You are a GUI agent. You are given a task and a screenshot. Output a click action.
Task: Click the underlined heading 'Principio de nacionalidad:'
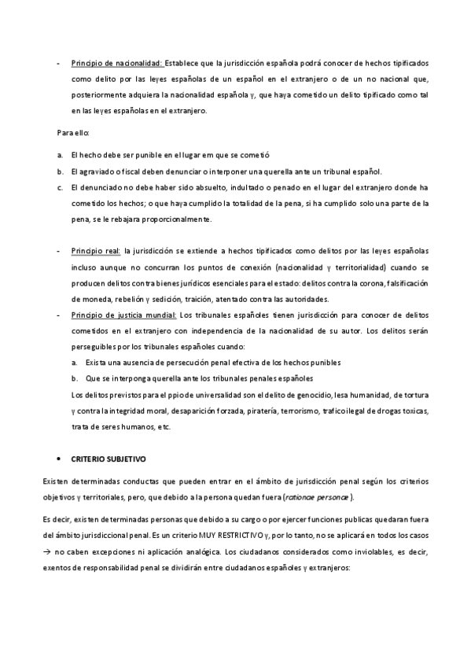(x=116, y=62)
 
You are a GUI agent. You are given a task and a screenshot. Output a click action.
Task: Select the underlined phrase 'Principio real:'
(x=95, y=251)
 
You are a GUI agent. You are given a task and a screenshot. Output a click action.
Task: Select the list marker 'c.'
(x=60, y=188)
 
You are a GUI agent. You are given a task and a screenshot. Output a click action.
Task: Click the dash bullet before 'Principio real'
(x=59, y=251)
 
